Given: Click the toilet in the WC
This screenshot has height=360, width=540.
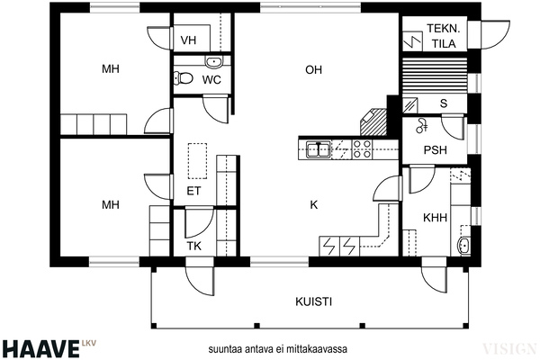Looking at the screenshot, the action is pyautogui.click(x=184, y=78).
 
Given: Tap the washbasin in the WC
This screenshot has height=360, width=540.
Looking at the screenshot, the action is pyautogui.click(x=214, y=62).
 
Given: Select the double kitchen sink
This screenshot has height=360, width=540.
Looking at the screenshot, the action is pyautogui.click(x=319, y=150).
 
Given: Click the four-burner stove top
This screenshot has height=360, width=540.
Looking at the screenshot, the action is pyautogui.click(x=363, y=149).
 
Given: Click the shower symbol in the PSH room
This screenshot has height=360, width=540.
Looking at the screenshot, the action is pyautogui.click(x=421, y=125).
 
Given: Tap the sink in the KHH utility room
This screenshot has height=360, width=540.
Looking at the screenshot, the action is pyautogui.click(x=463, y=245).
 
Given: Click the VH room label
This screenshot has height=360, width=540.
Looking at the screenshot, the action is pyautogui.click(x=188, y=40).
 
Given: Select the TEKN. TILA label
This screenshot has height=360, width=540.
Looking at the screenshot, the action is pyautogui.click(x=444, y=36).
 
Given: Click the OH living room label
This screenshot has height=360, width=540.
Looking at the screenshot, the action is pyautogui.click(x=313, y=70).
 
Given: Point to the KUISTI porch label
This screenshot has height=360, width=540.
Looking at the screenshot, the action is pyautogui.click(x=314, y=301).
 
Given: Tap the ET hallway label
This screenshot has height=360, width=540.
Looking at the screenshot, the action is pyautogui.click(x=193, y=191).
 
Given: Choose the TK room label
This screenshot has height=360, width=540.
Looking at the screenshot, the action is pyautogui.click(x=193, y=246).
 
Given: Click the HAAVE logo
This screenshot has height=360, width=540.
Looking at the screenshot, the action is pyautogui.click(x=40, y=348).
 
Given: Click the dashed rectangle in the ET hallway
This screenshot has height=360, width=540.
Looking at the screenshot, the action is pyautogui.click(x=197, y=161).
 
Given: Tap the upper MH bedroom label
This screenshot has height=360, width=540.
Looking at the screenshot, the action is pyautogui.click(x=111, y=69).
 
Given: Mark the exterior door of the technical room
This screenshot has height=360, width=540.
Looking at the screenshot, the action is pyautogui.click(x=495, y=35).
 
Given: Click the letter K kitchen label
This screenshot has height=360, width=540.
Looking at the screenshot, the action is pyautogui.click(x=314, y=205).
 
